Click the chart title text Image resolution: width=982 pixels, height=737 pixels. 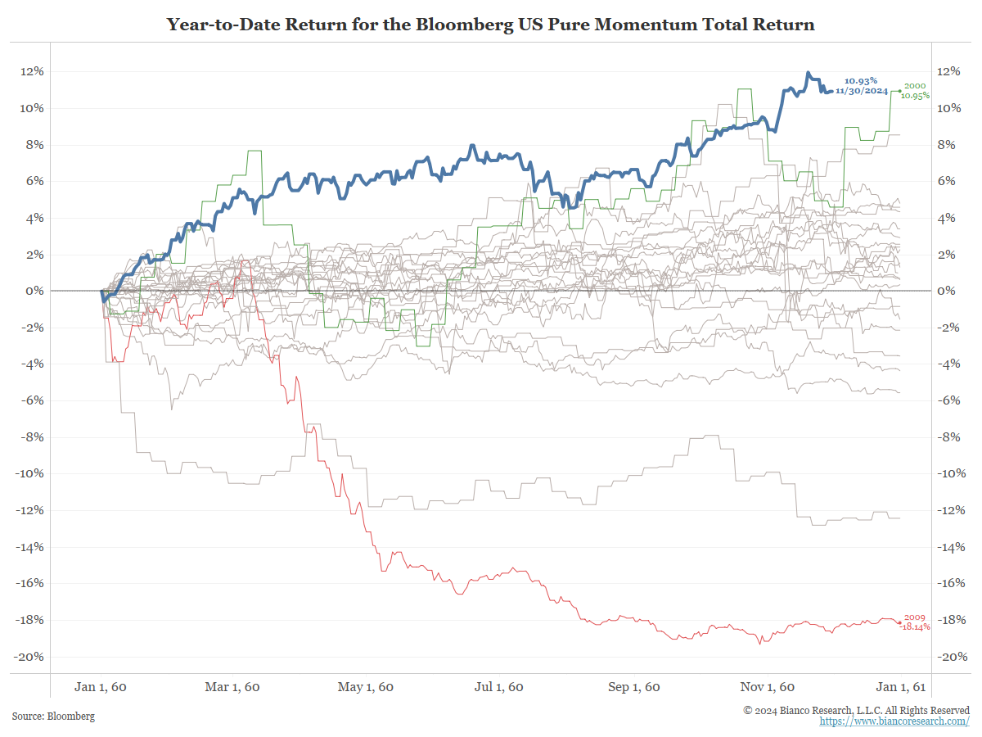point(491,24)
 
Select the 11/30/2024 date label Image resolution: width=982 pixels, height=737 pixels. point(862,91)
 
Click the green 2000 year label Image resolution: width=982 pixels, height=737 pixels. point(915,86)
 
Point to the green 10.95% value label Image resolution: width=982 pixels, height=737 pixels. point(916,96)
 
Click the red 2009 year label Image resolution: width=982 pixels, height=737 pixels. point(914,617)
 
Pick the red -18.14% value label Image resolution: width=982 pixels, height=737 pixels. point(915,626)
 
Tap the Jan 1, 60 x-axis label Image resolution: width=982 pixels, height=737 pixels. point(100,687)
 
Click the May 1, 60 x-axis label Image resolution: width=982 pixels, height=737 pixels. point(365,687)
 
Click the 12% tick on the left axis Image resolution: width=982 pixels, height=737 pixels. point(33,71)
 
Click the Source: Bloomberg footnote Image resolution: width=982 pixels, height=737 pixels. point(53,717)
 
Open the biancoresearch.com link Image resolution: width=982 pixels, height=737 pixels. point(894,721)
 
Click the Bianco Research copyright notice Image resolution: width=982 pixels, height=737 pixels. point(856,710)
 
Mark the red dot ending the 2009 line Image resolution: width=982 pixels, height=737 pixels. point(899,622)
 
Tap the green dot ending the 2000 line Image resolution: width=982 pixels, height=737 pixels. point(899,91)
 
